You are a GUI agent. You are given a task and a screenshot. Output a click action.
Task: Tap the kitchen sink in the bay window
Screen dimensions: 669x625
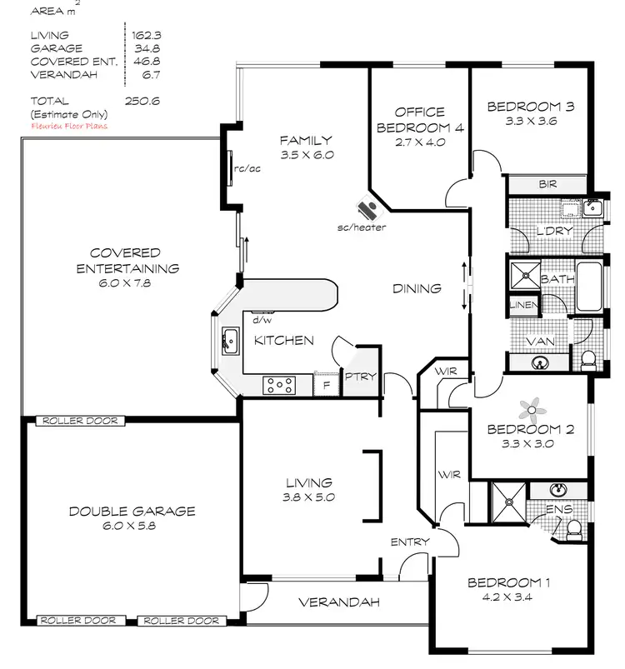tap(228, 340)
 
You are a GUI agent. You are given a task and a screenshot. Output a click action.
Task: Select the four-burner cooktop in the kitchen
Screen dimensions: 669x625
tap(279, 384)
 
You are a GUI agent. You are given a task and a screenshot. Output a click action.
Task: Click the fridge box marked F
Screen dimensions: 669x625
tap(326, 384)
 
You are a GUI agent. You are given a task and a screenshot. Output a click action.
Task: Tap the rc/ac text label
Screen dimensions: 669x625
tap(247, 168)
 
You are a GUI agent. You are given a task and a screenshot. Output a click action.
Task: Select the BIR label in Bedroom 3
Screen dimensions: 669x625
tap(547, 184)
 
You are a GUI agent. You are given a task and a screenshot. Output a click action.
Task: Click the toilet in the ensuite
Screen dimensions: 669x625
tap(573, 528)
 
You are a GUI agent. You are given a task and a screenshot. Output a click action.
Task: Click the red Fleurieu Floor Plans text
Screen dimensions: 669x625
tap(68, 126)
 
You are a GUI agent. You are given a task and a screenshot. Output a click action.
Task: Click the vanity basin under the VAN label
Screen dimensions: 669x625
tap(539, 362)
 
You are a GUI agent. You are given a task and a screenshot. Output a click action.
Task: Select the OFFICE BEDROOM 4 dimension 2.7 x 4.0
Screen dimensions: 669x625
tap(419, 142)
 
